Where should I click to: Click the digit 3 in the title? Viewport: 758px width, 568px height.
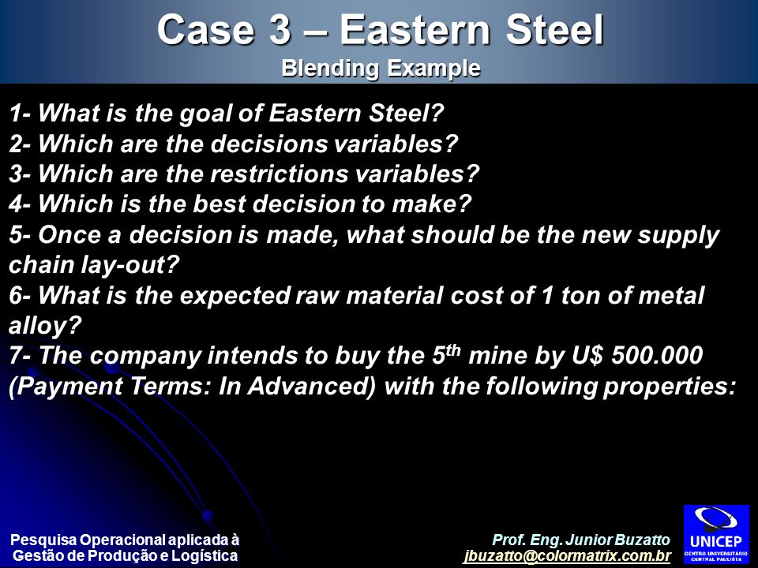tap(279, 30)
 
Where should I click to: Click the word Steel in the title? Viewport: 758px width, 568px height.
tap(554, 30)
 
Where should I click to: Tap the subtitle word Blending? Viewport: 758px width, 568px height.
tap(330, 69)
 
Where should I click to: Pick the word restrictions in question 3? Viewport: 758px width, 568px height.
tap(279, 174)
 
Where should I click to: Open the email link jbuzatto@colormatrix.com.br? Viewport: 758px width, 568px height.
tap(567, 556)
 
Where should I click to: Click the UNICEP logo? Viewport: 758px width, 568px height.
tap(716, 534)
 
